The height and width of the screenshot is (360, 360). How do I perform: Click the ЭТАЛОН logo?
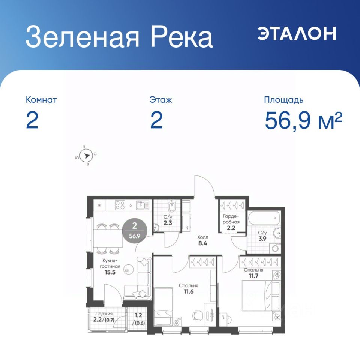coord(297,33)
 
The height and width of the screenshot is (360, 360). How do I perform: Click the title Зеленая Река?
coord(119,37)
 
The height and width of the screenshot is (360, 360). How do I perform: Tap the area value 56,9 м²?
coord(303,121)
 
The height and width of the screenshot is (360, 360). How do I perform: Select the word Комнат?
coord(41,100)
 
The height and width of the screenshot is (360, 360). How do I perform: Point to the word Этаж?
coord(160,100)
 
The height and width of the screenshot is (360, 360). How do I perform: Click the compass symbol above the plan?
coord(86,156)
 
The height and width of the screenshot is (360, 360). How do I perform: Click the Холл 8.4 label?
coord(203,240)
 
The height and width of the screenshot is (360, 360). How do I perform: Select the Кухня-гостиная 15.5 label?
coord(110,267)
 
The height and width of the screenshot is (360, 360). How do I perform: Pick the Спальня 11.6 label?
coord(189,289)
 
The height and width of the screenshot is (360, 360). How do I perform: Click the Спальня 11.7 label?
coord(253,273)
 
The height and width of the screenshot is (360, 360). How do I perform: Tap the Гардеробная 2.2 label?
coord(231,222)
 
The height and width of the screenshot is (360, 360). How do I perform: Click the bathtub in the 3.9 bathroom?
coord(264,218)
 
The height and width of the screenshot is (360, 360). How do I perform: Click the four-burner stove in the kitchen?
coord(120,205)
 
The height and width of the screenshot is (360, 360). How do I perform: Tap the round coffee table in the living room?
coord(128,269)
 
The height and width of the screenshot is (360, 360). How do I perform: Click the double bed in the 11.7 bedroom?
coord(261,296)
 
